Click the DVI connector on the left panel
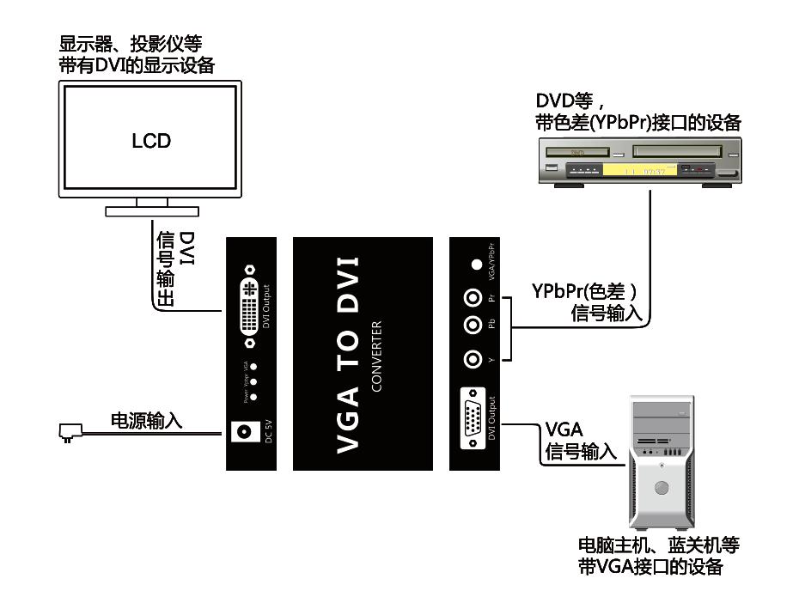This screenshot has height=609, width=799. pyautogui.click(x=250, y=306)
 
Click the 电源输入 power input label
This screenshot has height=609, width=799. pyautogui.click(x=147, y=421)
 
